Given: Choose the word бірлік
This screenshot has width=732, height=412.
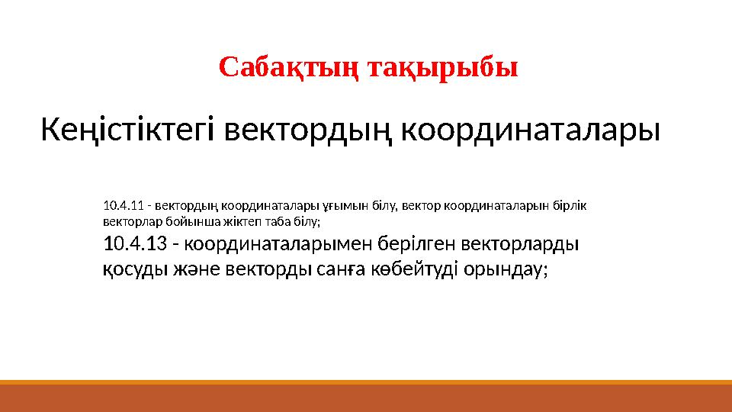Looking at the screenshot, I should pos(570,206).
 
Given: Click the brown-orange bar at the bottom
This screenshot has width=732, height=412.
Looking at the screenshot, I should pos(366,398).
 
